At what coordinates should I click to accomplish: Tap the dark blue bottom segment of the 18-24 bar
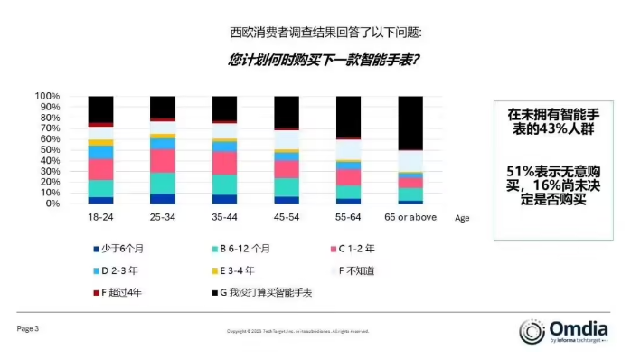[x=100, y=200]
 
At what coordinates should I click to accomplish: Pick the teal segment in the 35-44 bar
[x=224, y=185]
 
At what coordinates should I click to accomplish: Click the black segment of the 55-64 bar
[x=348, y=117]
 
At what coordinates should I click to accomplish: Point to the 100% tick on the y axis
[x=47, y=96]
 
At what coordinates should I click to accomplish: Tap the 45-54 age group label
[x=287, y=218]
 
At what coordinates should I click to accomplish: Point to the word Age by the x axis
[x=463, y=218]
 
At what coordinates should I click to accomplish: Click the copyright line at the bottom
[x=297, y=331]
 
